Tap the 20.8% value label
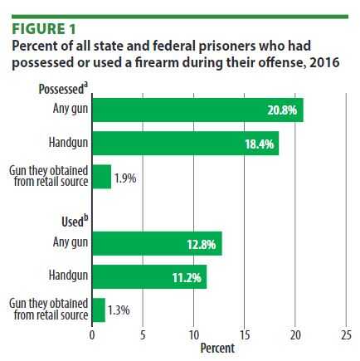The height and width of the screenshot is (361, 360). tap(280, 110)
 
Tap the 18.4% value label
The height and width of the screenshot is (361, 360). tap(257, 143)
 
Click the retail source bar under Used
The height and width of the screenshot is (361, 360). tap(98, 310)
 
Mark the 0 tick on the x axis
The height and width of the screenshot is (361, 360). tap(92, 336)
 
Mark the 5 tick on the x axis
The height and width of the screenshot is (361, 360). tap(143, 336)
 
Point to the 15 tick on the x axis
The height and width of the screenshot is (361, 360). tap(244, 336)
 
